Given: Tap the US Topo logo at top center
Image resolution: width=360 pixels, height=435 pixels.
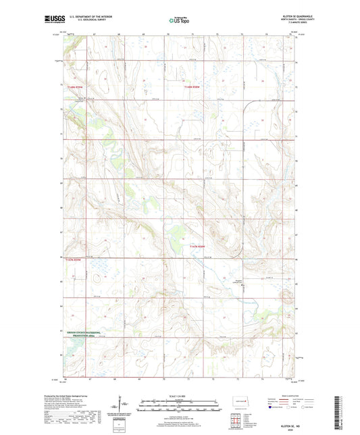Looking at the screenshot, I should [179, 21].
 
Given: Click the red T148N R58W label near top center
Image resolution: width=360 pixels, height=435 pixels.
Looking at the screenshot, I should [194, 86].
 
